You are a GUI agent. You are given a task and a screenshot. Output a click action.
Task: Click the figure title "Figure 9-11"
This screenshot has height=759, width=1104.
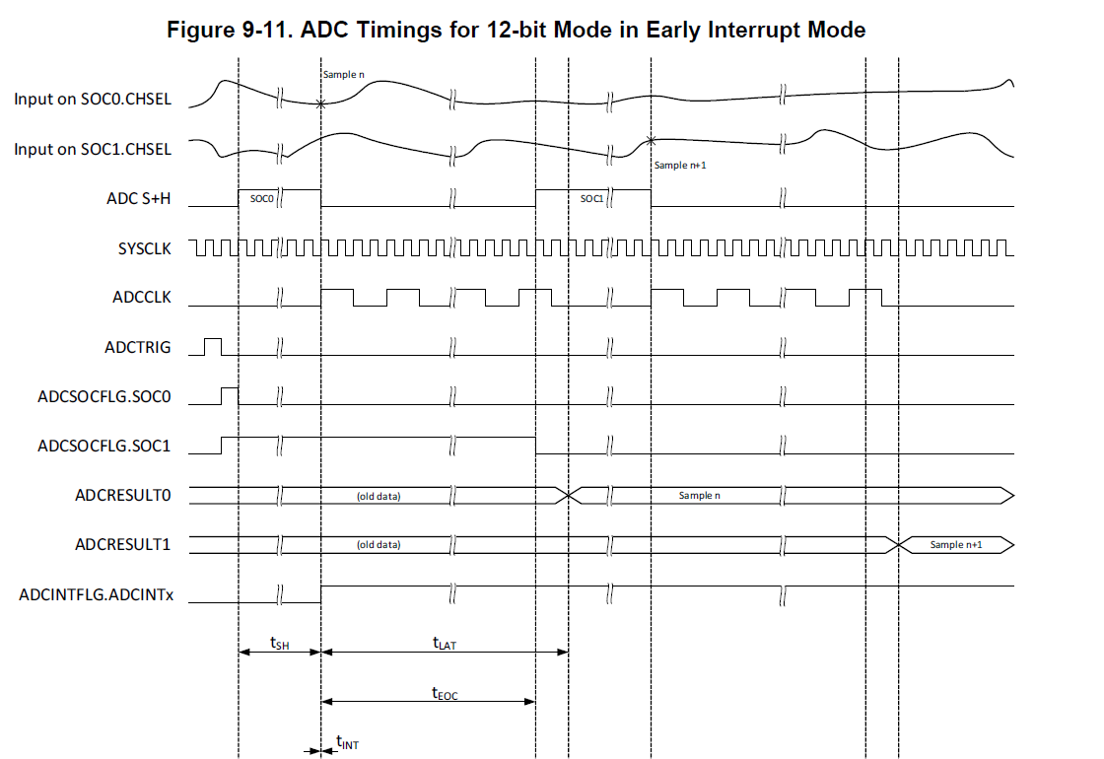pyautogui.click(x=517, y=30)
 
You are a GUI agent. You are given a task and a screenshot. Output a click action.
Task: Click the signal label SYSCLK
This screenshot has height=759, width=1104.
pyautogui.click(x=144, y=248)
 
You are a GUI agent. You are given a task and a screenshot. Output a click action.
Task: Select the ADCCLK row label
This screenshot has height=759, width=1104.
pyautogui.click(x=142, y=297)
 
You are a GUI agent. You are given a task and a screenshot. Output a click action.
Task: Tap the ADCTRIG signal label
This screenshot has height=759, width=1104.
pyautogui.click(x=137, y=347)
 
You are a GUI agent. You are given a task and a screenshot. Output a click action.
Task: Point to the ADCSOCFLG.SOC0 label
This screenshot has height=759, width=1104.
pyautogui.click(x=103, y=396)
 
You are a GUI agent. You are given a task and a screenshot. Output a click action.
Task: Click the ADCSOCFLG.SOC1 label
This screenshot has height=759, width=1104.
pyautogui.click(x=103, y=446)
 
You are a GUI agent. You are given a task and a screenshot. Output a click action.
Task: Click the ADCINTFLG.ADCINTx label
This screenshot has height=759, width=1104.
pyautogui.click(x=96, y=594)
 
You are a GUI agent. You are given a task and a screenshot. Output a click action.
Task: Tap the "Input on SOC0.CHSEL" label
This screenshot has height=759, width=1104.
pyautogui.click(x=92, y=100)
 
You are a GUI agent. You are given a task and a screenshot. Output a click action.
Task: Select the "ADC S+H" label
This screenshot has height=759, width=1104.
pyautogui.click(x=138, y=198)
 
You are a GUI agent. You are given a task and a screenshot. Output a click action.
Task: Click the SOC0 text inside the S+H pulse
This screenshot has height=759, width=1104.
pyautogui.click(x=260, y=198)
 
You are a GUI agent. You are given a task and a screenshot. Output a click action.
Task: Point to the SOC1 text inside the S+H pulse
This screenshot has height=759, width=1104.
pyautogui.click(x=590, y=198)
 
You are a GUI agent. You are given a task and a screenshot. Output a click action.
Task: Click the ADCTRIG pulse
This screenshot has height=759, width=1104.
pyautogui.click(x=212, y=346)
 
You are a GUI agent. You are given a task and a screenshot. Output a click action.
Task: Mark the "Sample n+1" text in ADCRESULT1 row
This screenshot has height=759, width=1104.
pyautogui.click(x=956, y=544)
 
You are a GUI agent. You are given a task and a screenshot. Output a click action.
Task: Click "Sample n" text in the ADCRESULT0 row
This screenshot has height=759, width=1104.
pyautogui.click(x=699, y=495)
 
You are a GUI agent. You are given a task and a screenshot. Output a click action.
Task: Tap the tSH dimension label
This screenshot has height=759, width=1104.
pyautogui.click(x=279, y=642)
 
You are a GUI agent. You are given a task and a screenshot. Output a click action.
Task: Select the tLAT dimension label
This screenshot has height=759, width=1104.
pyautogui.click(x=445, y=643)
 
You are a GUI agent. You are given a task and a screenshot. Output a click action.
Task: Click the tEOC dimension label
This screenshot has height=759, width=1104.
pyautogui.click(x=445, y=693)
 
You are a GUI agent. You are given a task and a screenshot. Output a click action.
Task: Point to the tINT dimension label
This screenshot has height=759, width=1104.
pyautogui.click(x=347, y=743)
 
